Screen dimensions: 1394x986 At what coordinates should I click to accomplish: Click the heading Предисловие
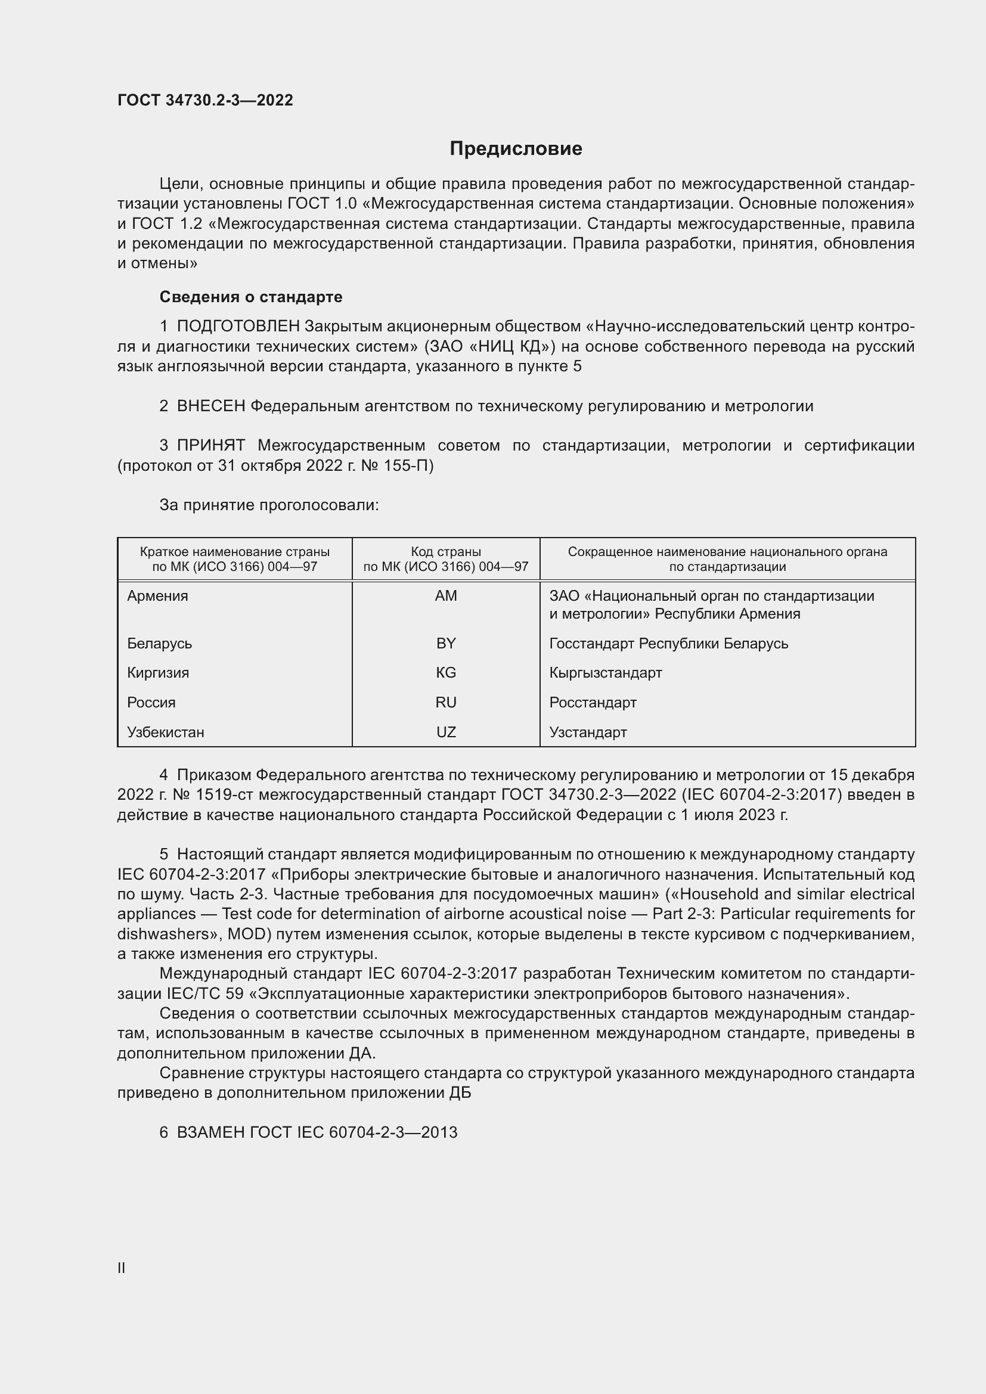click(x=516, y=149)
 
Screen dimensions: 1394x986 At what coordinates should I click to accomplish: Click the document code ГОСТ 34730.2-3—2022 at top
click(x=205, y=100)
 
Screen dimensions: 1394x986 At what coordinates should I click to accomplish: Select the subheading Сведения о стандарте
click(x=251, y=297)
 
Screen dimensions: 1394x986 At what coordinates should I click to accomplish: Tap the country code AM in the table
click(x=446, y=595)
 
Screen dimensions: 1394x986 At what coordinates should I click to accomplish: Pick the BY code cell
click(x=446, y=643)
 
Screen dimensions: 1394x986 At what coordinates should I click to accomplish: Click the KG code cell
click(x=446, y=673)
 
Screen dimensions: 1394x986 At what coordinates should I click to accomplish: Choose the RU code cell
click(x=446, y=703)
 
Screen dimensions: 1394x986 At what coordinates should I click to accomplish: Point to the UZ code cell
click(x=446, y=732)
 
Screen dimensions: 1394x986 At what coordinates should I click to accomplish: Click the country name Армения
click(x=158, y=595)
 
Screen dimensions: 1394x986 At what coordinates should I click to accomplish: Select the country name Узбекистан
click(x=166, y=732)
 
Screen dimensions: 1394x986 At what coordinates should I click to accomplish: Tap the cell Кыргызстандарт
click(x=605, y=673)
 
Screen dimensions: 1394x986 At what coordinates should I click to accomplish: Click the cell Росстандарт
click(x=593, y=703)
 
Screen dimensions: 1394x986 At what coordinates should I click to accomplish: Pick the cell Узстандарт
click(x=588, y=732)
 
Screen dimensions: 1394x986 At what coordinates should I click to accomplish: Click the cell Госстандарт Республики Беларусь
click(x=668, y=643)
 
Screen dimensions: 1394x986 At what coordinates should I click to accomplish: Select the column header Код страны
click(x=446, y=552)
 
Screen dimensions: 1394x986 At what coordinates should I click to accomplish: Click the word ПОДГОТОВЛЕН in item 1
click(x=238, y=327)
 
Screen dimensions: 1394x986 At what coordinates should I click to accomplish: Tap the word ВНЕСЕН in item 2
click(x=210, y=406)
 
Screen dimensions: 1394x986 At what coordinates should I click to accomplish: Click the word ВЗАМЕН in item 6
click(x=210, y=1132)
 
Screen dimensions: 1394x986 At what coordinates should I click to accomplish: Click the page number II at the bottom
click(x=122, y=1268)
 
